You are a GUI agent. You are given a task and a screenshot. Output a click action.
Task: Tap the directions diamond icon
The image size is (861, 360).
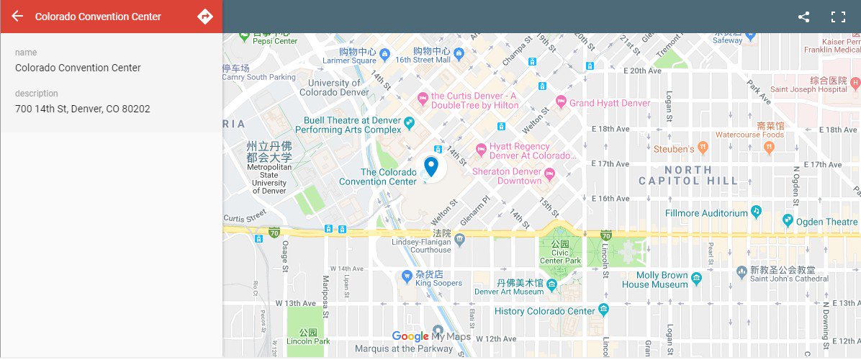point(205,16)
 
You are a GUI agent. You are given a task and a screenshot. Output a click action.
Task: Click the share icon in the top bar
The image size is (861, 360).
point(803,17)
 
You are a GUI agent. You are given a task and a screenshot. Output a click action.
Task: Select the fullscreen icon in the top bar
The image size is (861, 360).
point(837,17)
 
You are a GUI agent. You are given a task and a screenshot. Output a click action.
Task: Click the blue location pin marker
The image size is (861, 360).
point(431,166)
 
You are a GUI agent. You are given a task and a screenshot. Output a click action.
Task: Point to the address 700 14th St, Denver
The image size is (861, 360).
point(83,109)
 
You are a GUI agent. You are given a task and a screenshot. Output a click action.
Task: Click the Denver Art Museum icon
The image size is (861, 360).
point(551,285)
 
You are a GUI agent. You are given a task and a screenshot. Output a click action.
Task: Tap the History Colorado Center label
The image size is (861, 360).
point(545,311)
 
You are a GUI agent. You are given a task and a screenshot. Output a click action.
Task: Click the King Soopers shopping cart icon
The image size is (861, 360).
point(407,276)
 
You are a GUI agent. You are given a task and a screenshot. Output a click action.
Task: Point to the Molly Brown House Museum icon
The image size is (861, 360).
point(696,278)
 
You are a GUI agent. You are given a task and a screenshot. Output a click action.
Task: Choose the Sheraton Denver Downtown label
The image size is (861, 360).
point(507,176)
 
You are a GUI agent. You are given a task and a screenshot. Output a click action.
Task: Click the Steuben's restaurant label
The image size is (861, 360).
point(674,148)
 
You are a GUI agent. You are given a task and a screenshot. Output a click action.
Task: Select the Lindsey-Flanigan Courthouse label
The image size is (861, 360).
point(441,246)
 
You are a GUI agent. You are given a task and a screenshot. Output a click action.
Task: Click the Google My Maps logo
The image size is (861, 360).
point(431,336)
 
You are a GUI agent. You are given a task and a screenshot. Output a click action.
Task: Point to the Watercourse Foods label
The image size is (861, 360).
point(749,135)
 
